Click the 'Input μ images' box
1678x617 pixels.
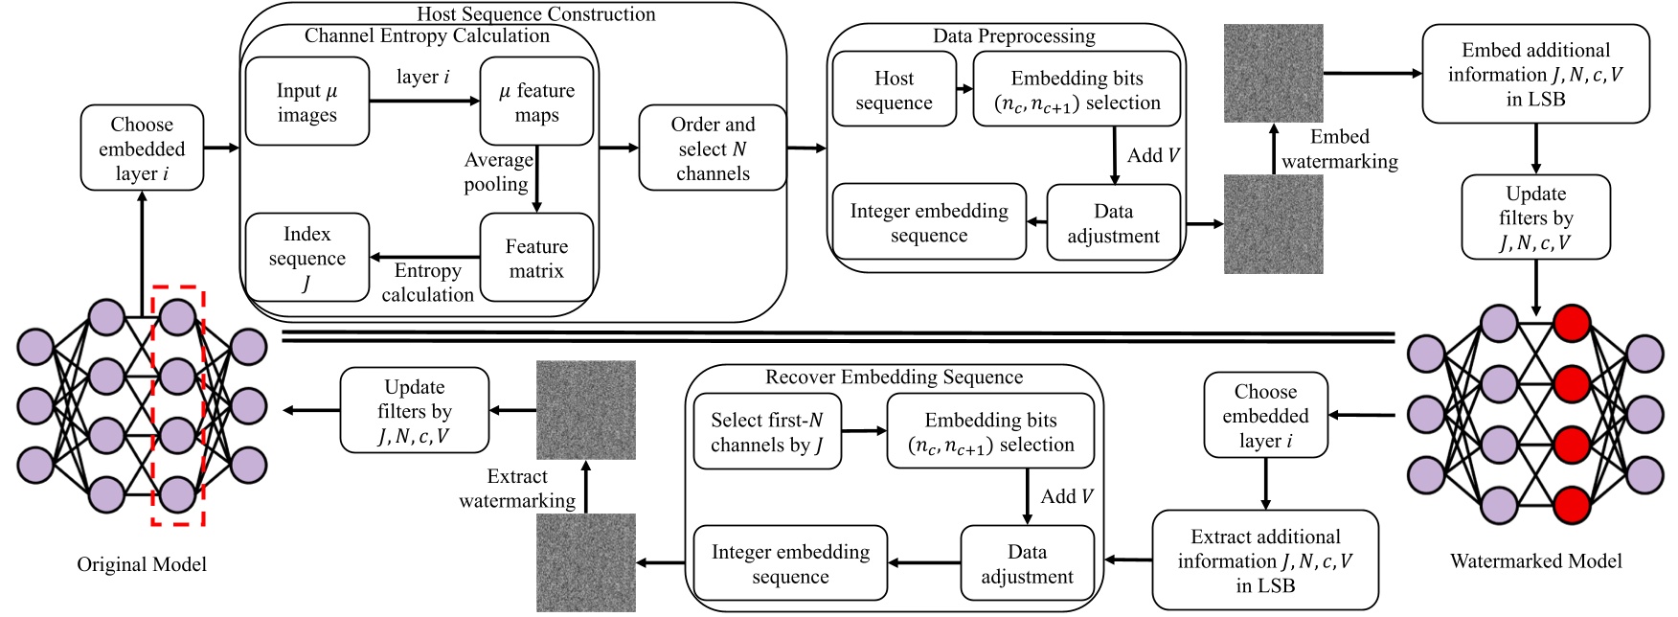(x=307, y=102)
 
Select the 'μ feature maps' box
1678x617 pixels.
(x=536, y=102)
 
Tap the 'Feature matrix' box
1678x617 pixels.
(x=536, y=258)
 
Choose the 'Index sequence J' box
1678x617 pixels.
(x=307, y=258)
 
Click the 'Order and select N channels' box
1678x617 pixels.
(x=713, y=148)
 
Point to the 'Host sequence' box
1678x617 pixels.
(x=895, y=89)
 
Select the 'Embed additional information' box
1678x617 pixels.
(x=1536, y=74)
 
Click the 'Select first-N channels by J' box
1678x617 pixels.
(x=767, y=431)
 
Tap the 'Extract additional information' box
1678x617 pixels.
(x=1265, y=560)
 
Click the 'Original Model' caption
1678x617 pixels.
(x=142, y=564)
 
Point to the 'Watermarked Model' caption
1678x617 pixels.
(x=1536, y=561)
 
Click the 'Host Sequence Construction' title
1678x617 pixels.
(x=536, y=13)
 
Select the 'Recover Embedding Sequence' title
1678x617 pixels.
(x=894, y=377)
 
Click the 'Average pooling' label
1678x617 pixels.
(x=497, y=171)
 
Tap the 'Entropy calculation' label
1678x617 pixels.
(x=427, y=283)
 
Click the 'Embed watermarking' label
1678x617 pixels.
(x=1340, y=149)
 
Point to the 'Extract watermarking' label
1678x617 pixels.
(x=517, y=488)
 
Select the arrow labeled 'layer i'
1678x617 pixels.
(x=424, y=101)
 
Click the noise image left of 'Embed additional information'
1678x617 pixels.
(x=1274, y=74)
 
